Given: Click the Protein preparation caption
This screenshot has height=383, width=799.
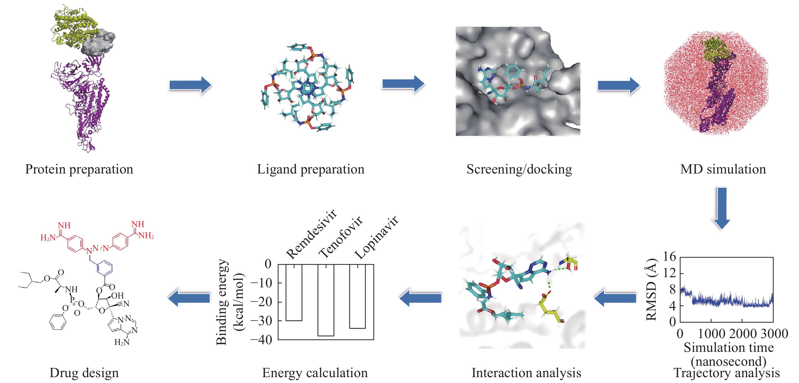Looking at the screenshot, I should (x=79, y=169).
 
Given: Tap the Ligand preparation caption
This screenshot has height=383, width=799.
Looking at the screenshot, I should (x=310, y=169).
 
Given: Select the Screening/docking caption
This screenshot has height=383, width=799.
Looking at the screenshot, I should (x=519, y=169).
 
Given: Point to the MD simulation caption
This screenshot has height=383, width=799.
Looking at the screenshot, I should (x=723, y=169).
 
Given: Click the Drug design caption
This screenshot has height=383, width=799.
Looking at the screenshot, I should (x=84, y=373).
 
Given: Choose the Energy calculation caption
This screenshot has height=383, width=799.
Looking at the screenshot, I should (x=315, y=373).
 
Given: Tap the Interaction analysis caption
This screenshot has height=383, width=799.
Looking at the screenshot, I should (x=526, y=373).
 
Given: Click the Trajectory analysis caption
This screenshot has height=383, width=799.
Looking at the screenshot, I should (x=726, y=373).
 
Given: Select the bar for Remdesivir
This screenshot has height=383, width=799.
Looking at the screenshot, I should (x=294, y=292).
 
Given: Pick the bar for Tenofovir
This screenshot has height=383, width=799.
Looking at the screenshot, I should (x=326, y=300).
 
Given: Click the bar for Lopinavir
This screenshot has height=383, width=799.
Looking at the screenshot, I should (x=358, y=296).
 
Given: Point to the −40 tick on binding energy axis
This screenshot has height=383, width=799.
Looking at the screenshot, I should (x=261, y=340).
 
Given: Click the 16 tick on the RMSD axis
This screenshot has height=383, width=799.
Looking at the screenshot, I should (x=669, y=257).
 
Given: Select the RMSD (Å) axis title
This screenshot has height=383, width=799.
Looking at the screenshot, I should (x=651, y=289).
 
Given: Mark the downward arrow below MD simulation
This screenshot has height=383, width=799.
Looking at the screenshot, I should (x=721, y=208).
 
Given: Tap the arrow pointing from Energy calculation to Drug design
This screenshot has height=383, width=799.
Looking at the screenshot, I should (x=189, y=298).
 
